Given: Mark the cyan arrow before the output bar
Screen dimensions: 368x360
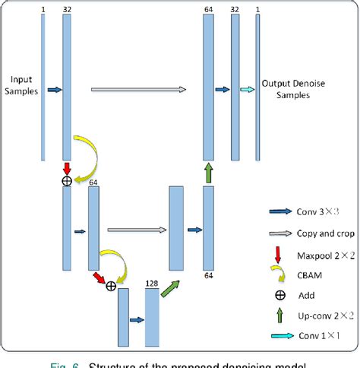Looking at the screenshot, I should click(x=248, y=89).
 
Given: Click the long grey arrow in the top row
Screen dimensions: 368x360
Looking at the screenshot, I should click(x=137, y=89).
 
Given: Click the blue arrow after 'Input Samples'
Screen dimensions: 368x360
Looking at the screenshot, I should click(x=54, y=89).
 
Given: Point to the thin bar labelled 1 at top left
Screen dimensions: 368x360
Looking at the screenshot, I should click(x=43, y=84).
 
